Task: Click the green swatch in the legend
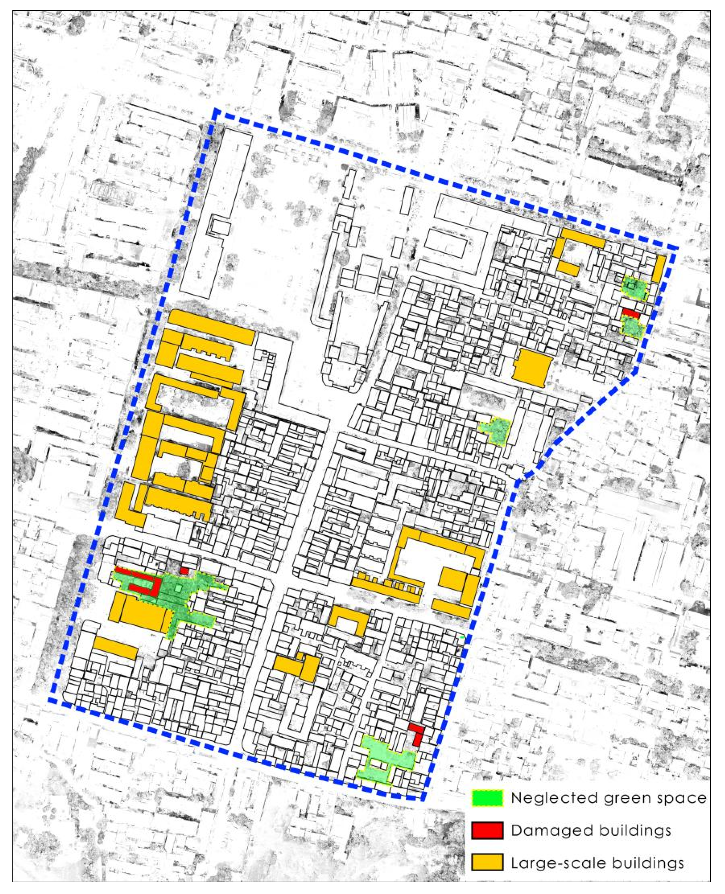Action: tap(487, 797)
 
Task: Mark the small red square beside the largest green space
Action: tap(184, 570)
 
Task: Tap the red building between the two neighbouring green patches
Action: tap(630, 313)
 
